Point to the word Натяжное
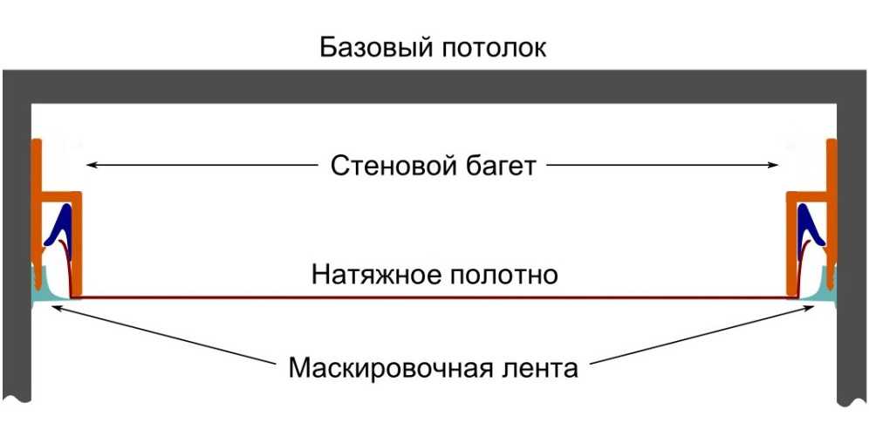click(x=371, y=276)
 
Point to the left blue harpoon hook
click(x=61, y=222)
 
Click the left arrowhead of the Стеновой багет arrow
click(x=89, y=164)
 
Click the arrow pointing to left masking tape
click(x=166, y=331)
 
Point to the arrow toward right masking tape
click(x=698, y=331)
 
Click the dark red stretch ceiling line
click(x=436, y=297)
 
